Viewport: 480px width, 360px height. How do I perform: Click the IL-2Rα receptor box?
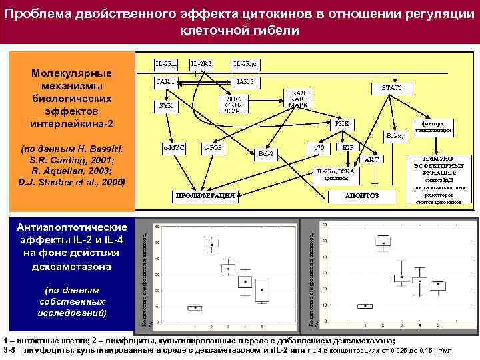pos(166,65)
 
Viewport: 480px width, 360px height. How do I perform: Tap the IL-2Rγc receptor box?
pos(245,65)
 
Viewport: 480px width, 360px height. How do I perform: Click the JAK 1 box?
pos(166,82)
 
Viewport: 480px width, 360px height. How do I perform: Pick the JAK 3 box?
pos(245,82)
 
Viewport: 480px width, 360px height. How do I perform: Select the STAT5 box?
pos(391,88)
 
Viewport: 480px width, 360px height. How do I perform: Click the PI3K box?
pos(342,123)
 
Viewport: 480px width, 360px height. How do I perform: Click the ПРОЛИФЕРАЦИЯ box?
pos(204,196)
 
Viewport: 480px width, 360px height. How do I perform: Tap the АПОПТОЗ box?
pos(362,196)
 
